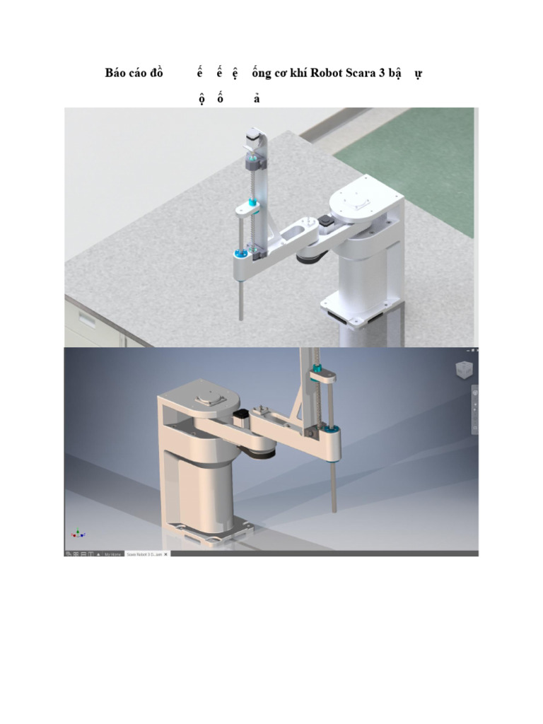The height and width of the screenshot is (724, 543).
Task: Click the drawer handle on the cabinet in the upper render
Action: click(86, 317)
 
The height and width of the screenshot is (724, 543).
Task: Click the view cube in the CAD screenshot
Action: click(462, 369)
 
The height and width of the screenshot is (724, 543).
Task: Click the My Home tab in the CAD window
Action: click(112, 554)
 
